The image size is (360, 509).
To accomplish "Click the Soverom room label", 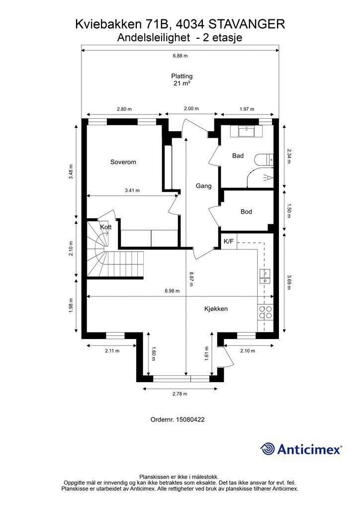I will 123,162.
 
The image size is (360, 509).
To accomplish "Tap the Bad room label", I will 238,156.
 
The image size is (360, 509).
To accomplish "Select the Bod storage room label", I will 246,212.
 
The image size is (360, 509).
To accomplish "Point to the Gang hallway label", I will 203,186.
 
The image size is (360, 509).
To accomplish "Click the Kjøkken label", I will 216,309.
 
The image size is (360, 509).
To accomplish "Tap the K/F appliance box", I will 229,242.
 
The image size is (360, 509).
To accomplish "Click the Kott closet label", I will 105,227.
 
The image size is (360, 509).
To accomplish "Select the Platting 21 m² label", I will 181,80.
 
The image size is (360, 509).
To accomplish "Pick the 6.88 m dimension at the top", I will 180,56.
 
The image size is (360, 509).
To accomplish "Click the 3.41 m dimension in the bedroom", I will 132,190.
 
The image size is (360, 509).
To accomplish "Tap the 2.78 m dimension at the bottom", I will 180,394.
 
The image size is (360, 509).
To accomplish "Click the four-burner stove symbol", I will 266,312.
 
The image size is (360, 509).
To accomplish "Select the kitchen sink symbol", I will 266,277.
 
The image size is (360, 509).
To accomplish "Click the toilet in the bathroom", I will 263,160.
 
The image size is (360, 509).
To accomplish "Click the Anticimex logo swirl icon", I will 268,449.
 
